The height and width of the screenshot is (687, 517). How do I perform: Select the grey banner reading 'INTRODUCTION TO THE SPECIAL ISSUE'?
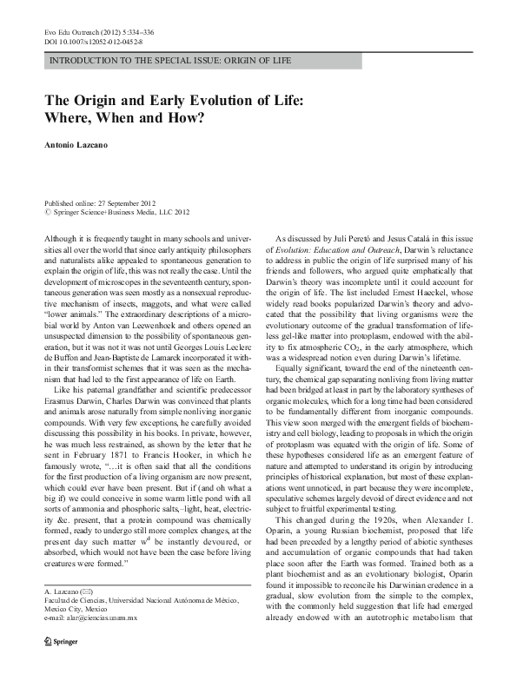tap(172, 61)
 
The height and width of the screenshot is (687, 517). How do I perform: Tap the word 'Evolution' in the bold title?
tap(233, 101)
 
